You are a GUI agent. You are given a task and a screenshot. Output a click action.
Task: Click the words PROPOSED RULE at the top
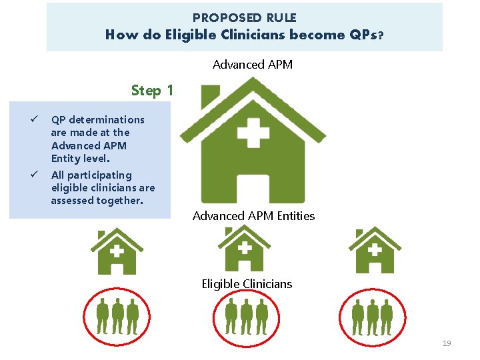click(244, 18)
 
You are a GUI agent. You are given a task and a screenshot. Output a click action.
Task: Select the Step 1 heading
click(151, 90)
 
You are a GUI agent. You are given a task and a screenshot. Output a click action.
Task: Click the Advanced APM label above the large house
click(252, 65)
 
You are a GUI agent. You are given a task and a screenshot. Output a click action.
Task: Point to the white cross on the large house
click(253, 131)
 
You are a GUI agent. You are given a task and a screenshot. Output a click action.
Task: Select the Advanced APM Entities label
click(253, 216)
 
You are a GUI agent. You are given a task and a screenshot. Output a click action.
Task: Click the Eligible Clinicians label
click(247, 284)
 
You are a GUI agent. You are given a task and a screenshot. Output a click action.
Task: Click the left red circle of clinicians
click(117, 317)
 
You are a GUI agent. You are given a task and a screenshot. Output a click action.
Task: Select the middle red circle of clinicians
click(247, 317)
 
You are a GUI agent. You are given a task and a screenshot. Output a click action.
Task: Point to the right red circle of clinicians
click(374, 317)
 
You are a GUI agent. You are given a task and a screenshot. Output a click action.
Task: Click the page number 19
click(447, 343)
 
